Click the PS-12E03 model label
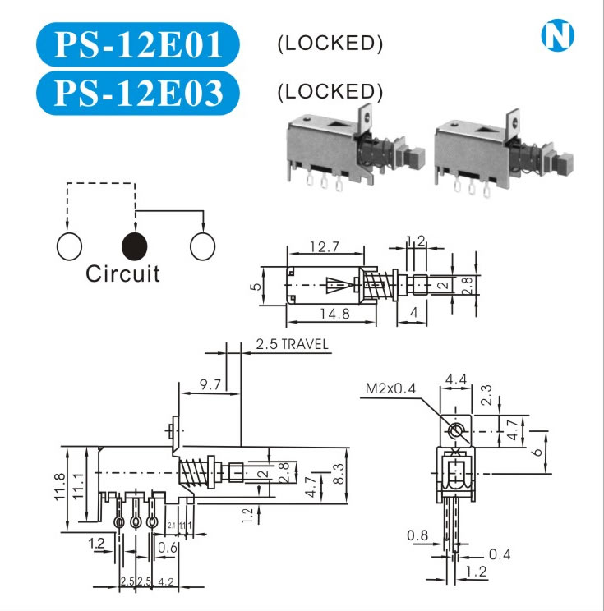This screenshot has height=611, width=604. click(138, 92)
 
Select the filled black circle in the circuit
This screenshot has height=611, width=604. click(134, 245)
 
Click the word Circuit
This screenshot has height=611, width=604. click(122, 273)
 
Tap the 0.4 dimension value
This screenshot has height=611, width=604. click(500, 554)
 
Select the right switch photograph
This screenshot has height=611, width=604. click(486, 147)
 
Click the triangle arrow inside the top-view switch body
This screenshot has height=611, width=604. click(337, 286)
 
